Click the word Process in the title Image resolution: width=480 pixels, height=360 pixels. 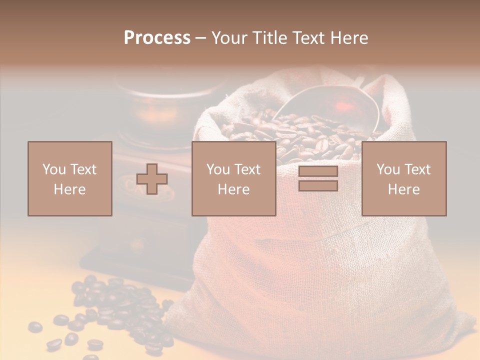pos(157,38)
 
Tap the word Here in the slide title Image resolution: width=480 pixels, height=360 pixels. pos(348,38)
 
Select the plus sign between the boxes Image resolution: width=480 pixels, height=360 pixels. pos(152,179)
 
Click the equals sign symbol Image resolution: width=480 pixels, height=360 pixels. pos(318,178)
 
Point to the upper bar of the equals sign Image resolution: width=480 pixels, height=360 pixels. pos(318,171)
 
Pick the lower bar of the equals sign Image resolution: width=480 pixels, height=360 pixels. pos(318,186)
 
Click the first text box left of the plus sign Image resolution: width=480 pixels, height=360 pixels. pos(70,178)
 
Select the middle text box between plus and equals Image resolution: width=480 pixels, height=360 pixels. pos(233,178)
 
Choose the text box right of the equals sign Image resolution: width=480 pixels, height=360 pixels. pos(404,178)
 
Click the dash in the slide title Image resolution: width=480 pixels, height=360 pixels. pos(200,38)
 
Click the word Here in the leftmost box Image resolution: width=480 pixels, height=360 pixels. pos(70,189)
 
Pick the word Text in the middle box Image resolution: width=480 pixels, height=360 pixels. pos(248,169)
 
